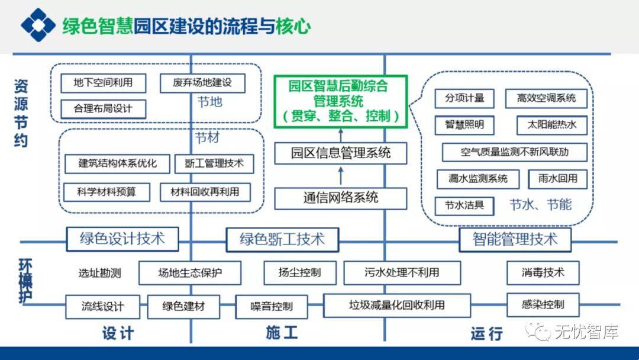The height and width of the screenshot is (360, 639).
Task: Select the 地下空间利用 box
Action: coord(103,83)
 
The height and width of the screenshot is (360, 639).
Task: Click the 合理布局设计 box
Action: coord(103,109)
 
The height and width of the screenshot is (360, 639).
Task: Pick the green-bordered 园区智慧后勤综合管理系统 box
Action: coord(340,101)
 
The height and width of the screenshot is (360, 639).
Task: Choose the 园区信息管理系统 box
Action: coord(340,153)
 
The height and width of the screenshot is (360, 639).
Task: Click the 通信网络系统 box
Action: coord(340,198)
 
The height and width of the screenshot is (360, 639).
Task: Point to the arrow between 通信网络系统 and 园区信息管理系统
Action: coord(340,175)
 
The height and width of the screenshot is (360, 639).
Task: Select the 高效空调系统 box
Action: coord(546,98)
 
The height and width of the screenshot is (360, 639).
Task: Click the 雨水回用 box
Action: coord(558,178)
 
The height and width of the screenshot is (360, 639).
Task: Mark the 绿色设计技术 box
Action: coord(122,239)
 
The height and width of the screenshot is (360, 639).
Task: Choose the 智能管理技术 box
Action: coord(515,239)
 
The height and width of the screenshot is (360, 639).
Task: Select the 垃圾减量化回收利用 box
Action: coord(396,306)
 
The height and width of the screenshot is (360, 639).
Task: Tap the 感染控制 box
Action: coord(543,305)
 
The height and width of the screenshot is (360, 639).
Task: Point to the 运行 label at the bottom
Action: coord(486,333)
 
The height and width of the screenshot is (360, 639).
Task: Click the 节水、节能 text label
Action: coord(541,205)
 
